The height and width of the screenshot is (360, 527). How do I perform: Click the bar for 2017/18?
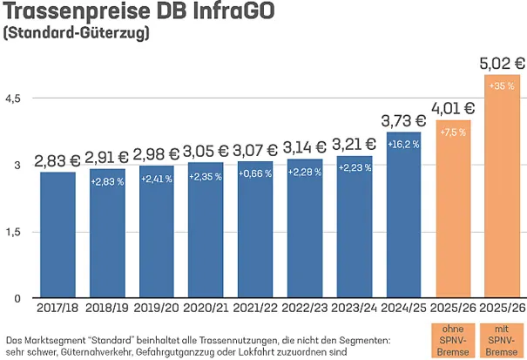tap(57, 235)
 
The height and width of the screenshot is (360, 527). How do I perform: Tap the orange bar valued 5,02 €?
tap(503, 187)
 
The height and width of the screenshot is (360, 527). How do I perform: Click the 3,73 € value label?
tap(404, 119)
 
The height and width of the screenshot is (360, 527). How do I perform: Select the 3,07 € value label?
tap(255, 151)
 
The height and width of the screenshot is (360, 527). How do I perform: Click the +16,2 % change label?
tap(404, 144)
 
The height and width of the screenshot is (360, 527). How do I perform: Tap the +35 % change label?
tap(503, 86)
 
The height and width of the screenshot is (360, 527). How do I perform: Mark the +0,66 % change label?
tap(255, 173)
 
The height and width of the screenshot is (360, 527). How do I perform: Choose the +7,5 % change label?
tap(453, 132)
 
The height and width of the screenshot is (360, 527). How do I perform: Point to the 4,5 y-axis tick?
tap(13, 98)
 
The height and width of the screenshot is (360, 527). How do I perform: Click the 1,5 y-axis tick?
tap(13, 232)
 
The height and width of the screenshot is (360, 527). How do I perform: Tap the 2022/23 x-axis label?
tap(305, 308)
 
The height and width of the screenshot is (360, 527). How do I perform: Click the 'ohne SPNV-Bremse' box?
tap(453, 339)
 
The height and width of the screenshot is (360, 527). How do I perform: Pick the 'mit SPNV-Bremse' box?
tap(503, 339)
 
